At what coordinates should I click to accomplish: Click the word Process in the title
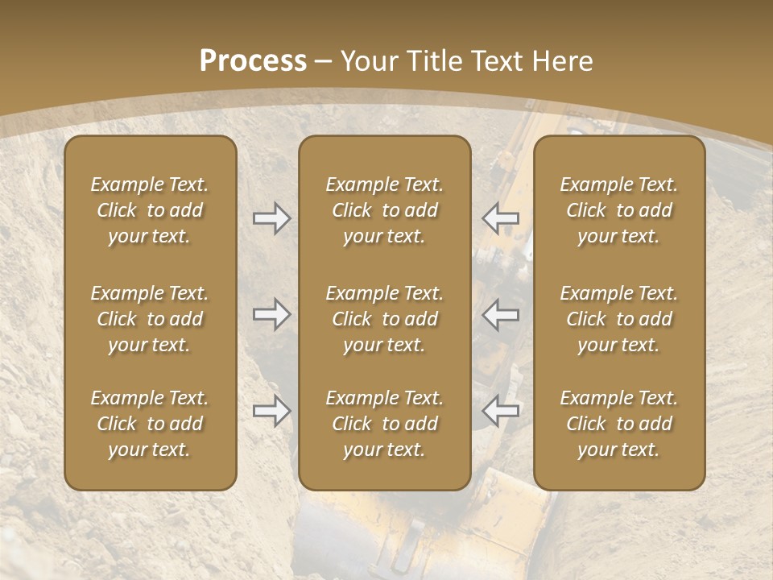(x=253, y=61)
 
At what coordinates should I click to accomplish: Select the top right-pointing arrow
(x=271, y=218)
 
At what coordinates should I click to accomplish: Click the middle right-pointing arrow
(x=271, y=314)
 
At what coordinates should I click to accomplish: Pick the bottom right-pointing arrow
(x=271, y=411)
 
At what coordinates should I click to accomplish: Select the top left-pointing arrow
(x=501, y=218)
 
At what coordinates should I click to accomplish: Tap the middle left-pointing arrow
(x=501, y=314)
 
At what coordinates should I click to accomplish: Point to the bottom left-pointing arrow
(x=501, y=411)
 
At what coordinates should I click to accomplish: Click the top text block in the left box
(x=150, y=210)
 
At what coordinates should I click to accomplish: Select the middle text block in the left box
(x=150, y=319)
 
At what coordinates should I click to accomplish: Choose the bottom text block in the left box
(x=150, y=424)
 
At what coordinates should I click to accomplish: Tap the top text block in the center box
(x=385, y=210)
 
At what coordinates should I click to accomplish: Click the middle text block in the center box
(x=385, y=319)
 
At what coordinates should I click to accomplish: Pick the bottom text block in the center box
(x=385, y=424)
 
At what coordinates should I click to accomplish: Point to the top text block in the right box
(x=619, y=210)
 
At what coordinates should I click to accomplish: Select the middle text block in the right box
(x=619, y=319)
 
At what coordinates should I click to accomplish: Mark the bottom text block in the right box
(x=619, y=424)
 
